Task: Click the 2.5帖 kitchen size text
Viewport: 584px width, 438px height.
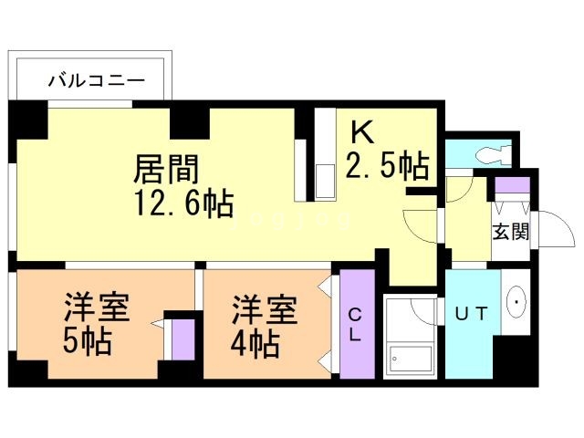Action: [x=387, y=166]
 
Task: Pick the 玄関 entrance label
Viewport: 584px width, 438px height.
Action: [x=511, y=231]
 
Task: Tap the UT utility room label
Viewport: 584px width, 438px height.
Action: [x=473, y=313]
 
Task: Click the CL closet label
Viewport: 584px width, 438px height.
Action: [x=355, y=325]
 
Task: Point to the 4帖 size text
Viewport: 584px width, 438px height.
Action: [x=254, y=345]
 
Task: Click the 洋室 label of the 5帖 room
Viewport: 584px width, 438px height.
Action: [x=96, y=308]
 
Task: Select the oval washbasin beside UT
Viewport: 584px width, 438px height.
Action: [x=517, y=301]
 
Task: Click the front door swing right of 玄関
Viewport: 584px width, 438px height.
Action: [x=547, y=228]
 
